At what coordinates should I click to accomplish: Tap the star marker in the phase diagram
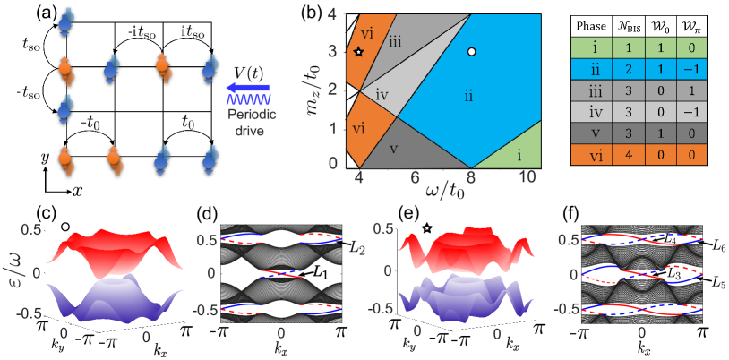click(359, 52)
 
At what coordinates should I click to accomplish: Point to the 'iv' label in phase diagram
click(382, 93)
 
